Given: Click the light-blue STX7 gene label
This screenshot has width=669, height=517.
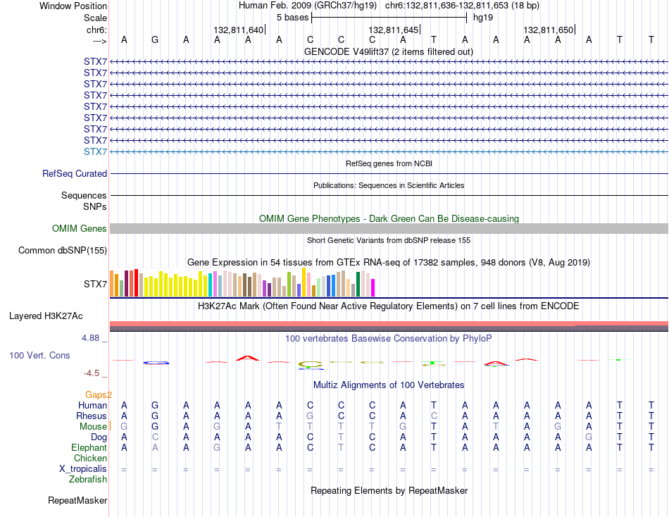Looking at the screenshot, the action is [x=95, y=151].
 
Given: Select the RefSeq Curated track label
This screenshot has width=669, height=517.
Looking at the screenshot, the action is [x=75, y=174].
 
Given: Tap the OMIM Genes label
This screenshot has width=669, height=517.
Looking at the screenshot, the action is [x=80, y=228].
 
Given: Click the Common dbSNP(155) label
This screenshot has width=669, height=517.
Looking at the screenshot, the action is [x=63, y=250].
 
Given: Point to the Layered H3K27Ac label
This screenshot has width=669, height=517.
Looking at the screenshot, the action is [x=46, y=316].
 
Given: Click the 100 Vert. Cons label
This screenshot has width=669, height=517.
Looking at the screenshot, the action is [x=39, y=355].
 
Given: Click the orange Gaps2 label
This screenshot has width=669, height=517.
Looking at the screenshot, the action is [x=99, y=394].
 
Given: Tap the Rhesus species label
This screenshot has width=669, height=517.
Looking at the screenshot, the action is [x=92, y=416].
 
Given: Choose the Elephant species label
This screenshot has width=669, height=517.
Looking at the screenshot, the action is [x=89, y=447].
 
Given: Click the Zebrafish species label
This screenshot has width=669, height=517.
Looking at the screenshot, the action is [x=88, y=480].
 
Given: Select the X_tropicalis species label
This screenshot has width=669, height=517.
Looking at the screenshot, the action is [x=83, y=469].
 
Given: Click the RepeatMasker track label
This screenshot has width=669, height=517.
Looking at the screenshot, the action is [x=77, y=500].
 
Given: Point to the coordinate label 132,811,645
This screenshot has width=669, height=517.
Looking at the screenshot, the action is [x=394, y=30].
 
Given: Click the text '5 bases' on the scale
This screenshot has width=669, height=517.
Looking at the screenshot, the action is [x=293, y=18].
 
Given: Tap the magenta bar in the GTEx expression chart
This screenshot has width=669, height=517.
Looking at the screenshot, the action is [x=373, y=288].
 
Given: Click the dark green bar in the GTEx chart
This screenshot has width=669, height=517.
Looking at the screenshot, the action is [x=358, y=284].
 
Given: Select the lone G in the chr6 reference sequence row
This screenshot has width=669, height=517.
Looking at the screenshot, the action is [x=155, y=39].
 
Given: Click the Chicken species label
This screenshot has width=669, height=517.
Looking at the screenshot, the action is [x=90, y=458].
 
